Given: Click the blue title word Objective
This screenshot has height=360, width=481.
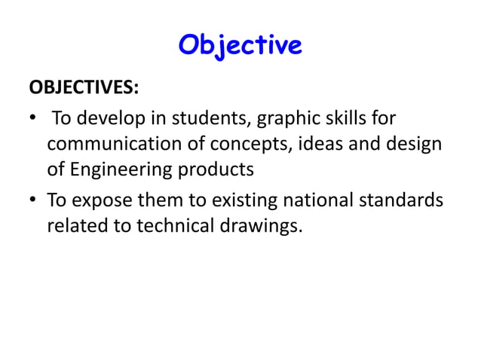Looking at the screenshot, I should pos(240,45).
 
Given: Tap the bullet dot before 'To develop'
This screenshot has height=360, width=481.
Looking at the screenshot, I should pos(32,119).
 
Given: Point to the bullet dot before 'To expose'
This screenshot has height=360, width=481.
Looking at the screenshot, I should pos(32,201).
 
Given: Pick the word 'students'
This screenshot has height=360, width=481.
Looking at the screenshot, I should pos(200,119).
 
